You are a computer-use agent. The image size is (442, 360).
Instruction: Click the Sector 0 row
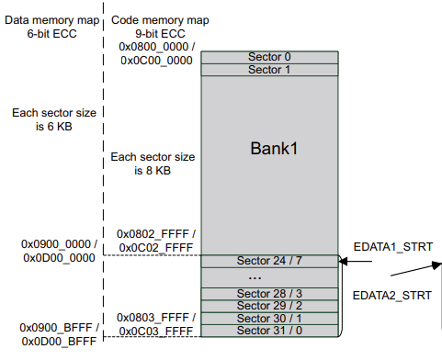pyautogui.click(x=269, y=57)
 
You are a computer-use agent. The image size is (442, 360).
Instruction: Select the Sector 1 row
pyautogui.click(x=269, y=70)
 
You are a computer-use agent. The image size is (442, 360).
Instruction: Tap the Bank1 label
pyautogui.click(x=269, y=147)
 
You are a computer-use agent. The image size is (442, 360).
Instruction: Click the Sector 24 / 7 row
pyautogui.click(x=269, y=261)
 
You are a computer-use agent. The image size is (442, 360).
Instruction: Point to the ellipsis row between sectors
pyautogui.click(x=269, y=276)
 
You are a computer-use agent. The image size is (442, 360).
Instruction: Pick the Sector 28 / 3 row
pyautogui.click(x=269, y=293)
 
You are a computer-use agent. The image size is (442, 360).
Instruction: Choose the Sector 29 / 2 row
pyautogui.click(x=269, y=305)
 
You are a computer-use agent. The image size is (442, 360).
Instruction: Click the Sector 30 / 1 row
pyautogui.click(x=269, y=318)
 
